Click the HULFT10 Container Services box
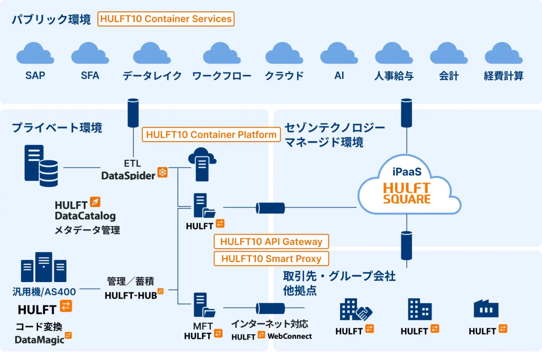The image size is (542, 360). (166, 19)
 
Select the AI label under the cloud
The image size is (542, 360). (339, 75)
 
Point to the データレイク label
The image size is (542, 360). (152, 76)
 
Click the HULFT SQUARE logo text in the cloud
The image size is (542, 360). (406, 193)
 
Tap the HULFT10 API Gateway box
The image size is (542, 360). (271, 242)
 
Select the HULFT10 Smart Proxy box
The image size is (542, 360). (271, 259)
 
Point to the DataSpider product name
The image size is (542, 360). (128, 175)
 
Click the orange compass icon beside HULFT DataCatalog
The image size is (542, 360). (95, 202)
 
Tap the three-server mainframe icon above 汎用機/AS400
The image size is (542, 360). (44, 267)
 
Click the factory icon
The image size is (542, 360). (486, 309)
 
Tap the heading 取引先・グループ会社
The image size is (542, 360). (339, 277)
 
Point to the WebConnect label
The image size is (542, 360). (290, 336)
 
